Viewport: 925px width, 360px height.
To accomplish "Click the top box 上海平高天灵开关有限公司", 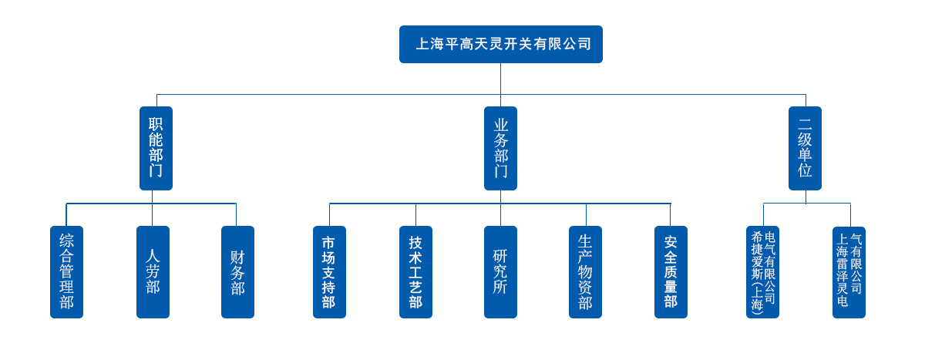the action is click(500, 44).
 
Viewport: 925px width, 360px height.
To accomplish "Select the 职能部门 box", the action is click(156, 148).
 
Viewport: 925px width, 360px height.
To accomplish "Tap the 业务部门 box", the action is click(500, 148).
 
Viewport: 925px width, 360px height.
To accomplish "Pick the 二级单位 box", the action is click(805, 148).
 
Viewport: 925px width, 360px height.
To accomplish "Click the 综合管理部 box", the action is click(66, 272).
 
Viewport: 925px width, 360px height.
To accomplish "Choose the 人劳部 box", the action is click(153, 272).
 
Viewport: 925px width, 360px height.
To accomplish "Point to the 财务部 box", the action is click(237, 272).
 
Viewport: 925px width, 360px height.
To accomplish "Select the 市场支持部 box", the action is click(329, 272).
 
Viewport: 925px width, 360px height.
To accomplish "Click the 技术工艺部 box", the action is click(415, 272).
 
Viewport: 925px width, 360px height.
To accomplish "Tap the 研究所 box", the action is click(500, 272).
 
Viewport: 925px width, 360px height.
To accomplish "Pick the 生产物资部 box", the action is click(585, 272).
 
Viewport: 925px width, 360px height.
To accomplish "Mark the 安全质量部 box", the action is click(671, 272).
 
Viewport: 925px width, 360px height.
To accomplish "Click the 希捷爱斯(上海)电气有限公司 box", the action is click(762, 272).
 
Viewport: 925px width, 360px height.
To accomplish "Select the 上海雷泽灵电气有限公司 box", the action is click(849, 272).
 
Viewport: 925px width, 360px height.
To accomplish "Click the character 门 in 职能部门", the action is click(156, 170).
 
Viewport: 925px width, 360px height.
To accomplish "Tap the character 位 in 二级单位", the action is click(805, 170).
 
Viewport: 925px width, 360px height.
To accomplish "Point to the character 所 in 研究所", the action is click(500, 287).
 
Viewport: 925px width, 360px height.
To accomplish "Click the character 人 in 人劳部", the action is click(153, 256).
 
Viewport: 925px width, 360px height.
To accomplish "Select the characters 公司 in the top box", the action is click(577, 44).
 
